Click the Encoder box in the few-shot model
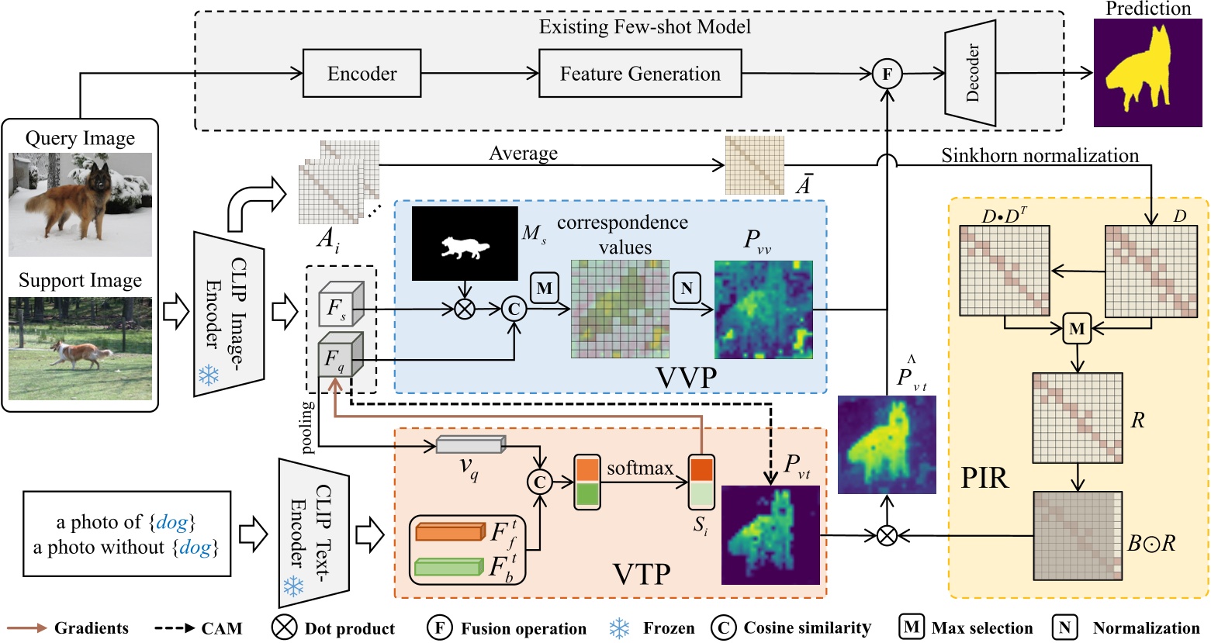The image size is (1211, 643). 362,74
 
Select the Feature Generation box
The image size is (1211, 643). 639,74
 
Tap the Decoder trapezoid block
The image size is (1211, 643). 971,74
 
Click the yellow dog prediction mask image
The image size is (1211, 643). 1147,73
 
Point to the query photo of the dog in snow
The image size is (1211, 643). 80,204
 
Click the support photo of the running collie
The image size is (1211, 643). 80,348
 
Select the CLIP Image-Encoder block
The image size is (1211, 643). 228,314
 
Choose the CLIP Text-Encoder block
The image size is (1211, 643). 313,534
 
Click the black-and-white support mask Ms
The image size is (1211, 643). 464,244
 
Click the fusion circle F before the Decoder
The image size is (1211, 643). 886,74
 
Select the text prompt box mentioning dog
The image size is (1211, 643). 126,534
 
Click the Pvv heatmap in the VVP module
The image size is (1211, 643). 763,309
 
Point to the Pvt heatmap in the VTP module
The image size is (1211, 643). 770,534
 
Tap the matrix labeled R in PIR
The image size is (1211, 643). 1076,418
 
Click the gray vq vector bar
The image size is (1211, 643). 470,444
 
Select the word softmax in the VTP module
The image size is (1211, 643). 640,468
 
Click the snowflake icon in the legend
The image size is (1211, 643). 618,628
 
